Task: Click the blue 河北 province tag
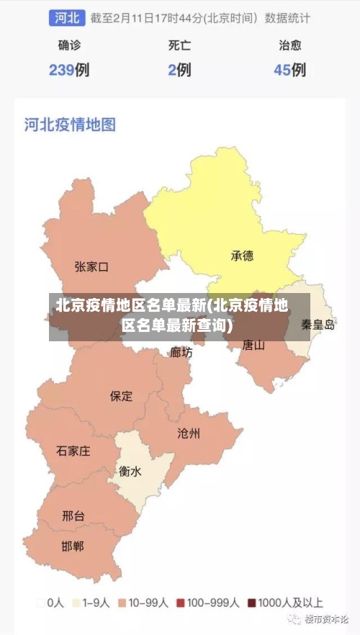tap(68, 17)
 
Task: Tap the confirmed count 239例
tap(69, 70)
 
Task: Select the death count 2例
tap(179, 70)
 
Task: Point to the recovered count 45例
tap(289, 70)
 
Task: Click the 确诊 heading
tap(69, 45)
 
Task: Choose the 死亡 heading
tap(179, 45)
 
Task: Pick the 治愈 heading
tap(289, 45)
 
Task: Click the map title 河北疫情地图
tap(70, 125)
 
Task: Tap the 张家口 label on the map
tap(91, 267)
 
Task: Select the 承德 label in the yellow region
tap(242, 256)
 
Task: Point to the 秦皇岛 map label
tap(318, 325)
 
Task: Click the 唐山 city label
tap(253, 345)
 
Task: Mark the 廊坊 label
tap(181, 352)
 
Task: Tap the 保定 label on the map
tap(121, 396)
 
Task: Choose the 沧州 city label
tap(189, 433)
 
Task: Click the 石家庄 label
tap(73, 451)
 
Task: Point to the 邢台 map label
tap(73, 515)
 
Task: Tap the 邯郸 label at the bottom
tap(73, 546)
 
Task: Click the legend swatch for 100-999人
tap(181, 603)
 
